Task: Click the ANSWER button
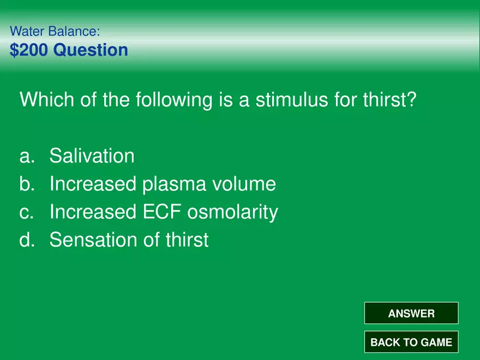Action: [x=411, y=313]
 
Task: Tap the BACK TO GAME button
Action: [x=411, y=341]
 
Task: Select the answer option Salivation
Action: [x=92, y=155]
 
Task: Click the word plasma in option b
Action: [x=174, y=184]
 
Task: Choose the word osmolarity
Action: [x=233, y=212]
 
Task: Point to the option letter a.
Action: [x=27, y=156]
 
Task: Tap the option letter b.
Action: [x=27, y=183]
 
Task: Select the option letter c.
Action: [x=26, y=212]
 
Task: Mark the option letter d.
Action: [x=27, y=239]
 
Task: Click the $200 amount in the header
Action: [x=29, y=50]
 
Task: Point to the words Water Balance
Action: [x=55, y=31]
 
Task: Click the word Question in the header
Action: [x=91, y=50]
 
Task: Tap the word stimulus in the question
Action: [x=292, y=99]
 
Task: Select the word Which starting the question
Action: [x=46, y=99]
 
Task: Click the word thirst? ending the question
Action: [x=389, y=99]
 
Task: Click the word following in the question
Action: [x=174, y=100]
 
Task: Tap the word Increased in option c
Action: [x=93, y=212]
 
